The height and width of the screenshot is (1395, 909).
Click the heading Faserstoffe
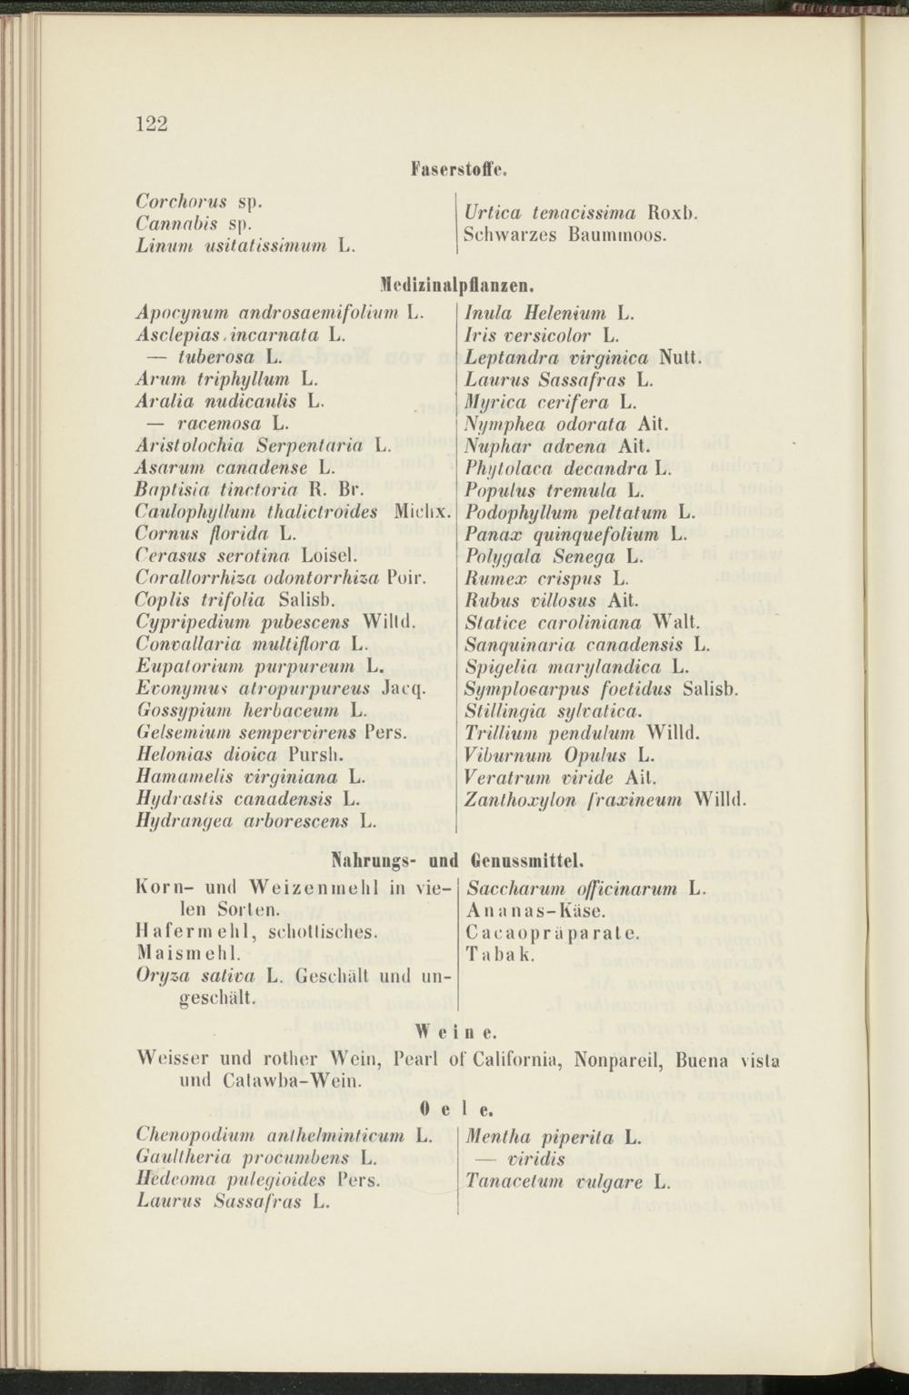(x=458, y=169)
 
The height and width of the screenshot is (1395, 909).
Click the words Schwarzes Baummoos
(x=565, y=234)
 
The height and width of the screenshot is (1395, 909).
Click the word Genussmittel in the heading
(x=527, y=858)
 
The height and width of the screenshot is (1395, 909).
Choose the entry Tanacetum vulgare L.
(x=567, y=1181)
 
